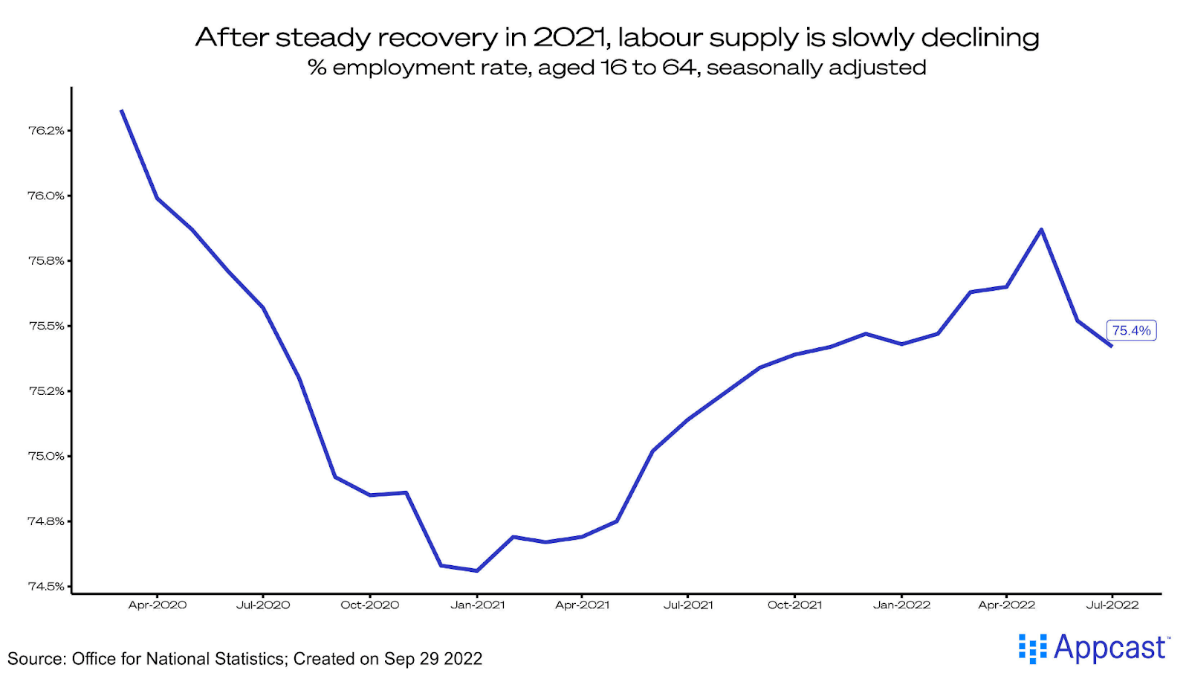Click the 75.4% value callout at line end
(1131, 330)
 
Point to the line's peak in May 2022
(1041, 229)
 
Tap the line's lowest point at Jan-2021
(476, 570)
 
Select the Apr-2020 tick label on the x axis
(158, 605)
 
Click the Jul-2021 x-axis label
(688, 605)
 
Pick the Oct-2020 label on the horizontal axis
(370, 605)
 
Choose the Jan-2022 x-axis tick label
(901, 605)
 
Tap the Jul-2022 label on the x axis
(1112, 605)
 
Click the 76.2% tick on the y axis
(46, 130)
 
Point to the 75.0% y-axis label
(46, 456)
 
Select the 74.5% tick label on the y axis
(46, 586)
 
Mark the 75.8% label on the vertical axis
(46, 260)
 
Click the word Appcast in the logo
(1109, 648)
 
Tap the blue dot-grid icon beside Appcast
(1032, 648)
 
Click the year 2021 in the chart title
(568, 37)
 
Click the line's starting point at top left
(122, 111)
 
